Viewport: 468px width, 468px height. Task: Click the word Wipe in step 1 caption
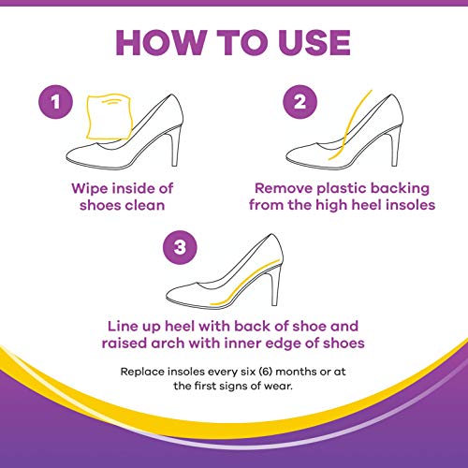point(90,187)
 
